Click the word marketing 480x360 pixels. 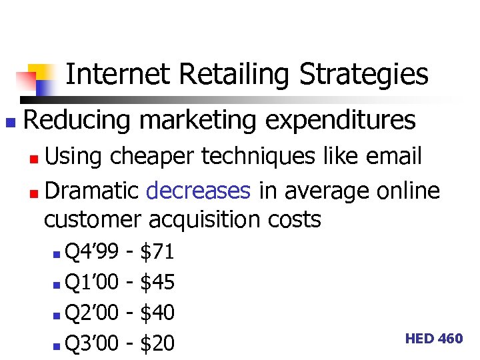(197, 121)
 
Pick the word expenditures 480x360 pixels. (340, 121)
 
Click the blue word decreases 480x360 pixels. (198, 191)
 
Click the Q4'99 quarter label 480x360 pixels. (92, 251)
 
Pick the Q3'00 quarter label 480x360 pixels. (92, 343)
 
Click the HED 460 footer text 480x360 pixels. (433, 339)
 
